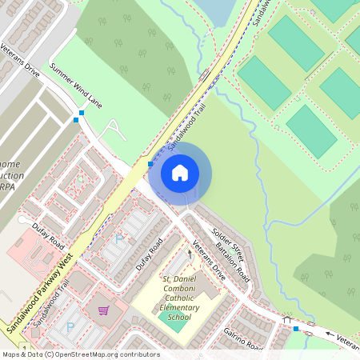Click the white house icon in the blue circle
pos(180,172)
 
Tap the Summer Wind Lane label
pos(77,86)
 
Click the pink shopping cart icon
pos(103,310)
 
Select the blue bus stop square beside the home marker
pos(150,164)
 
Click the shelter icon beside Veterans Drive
pos(286,318)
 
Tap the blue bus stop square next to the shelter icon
pos(296,328)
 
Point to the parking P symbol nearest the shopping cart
pos(70,326)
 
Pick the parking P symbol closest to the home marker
pos(121,238)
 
